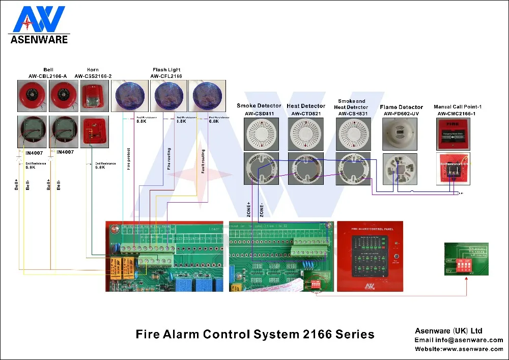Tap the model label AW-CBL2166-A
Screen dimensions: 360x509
[48, 76]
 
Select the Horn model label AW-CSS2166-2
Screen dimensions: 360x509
[93, 76]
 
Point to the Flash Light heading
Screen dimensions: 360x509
[166, 70]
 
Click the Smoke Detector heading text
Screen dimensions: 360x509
[259, 106]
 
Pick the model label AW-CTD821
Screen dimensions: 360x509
[305, 113]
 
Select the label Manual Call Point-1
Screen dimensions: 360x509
[458, 107]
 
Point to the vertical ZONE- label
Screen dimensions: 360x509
[262, 210]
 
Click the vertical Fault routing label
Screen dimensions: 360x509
[203, 161]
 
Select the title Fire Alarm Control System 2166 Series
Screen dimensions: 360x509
[255, 335]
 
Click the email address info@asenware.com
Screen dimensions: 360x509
[459, 340]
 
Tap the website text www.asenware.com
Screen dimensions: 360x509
[459, 349]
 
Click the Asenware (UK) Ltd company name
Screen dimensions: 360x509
[449, 331]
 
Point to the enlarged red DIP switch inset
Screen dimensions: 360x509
[464, 265]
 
